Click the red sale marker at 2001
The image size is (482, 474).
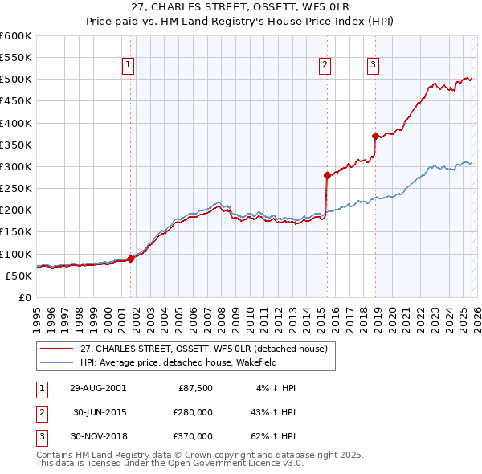[131, 259]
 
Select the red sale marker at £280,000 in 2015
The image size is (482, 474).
[327, 175]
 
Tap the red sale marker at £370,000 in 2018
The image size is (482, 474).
[375, 136]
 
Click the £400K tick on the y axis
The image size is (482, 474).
[16, 123]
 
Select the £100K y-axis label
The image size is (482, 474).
[16, 254]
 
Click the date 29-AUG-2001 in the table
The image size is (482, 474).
[98, 387]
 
